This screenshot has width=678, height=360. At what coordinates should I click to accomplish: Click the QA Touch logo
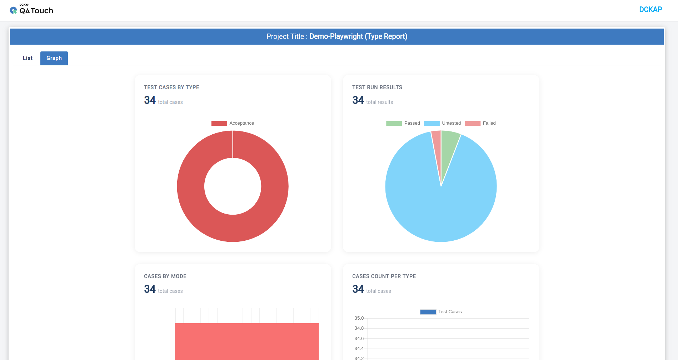[31, 10]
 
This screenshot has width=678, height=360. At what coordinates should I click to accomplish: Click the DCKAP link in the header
[650, 10]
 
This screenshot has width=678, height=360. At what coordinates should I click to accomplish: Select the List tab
[28, 58]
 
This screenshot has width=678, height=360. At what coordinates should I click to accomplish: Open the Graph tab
[54, 58]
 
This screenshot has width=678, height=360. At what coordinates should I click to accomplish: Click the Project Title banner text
[337, 36]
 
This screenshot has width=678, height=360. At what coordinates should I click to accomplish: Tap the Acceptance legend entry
[233, 123]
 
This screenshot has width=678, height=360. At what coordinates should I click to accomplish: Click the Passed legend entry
[403, 123]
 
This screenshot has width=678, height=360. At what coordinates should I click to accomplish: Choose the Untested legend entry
[442, 123]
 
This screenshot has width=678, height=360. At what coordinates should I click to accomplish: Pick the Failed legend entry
[480, 123]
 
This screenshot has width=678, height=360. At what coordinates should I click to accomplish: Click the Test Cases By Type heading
[171, 87]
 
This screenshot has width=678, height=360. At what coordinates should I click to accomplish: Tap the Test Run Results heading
[377, 87]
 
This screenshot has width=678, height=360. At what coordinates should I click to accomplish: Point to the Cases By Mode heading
[165, 276]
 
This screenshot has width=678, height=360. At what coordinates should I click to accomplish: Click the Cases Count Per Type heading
[384, 276]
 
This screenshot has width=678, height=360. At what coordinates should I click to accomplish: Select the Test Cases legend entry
[441, 312]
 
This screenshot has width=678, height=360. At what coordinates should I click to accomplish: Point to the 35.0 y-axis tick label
[359, 318]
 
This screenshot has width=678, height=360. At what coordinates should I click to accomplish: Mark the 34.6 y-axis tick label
[359, 339]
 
